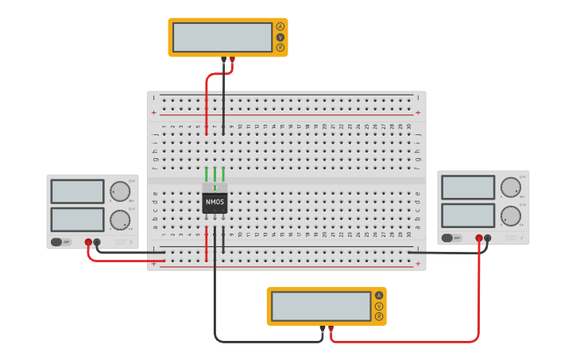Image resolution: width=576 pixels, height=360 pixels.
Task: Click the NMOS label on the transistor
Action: [x=215, y=203]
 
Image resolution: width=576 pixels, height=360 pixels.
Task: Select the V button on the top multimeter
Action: [x=280, y=37]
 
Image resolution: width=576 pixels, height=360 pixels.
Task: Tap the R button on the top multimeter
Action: [x=280, y=47]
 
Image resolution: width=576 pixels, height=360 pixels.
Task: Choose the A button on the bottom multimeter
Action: [x=379, y=296]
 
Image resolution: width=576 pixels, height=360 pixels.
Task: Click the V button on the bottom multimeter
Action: [x=379, y=306]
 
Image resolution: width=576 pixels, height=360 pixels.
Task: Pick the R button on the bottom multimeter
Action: [x=379, y=316]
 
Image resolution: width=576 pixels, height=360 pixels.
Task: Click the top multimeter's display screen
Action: [x=222, y=37]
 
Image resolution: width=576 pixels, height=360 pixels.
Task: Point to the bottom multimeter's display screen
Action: [x=321, y=306]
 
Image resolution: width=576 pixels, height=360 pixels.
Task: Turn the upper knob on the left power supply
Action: [x=120, y=192]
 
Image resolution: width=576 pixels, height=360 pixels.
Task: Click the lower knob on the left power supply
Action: [x=120, y=219]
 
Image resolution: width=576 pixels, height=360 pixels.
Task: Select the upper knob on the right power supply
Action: [x=511, y=188]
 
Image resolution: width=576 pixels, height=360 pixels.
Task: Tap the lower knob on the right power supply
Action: [x=511, y=215]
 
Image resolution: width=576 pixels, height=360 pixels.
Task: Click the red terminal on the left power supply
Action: [x=88, y=242]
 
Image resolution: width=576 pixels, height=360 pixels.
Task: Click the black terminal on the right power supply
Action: [x=488, y=238]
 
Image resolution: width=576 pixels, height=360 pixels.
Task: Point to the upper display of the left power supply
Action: [x=77, y=192]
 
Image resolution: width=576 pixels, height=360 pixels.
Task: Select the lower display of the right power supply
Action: [x=468, y=215]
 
